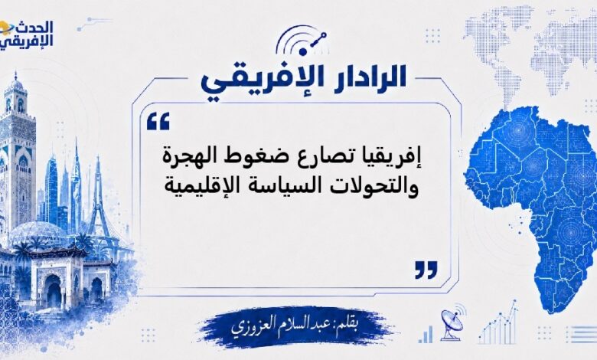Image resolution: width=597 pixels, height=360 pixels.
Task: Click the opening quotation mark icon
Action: (158, 122)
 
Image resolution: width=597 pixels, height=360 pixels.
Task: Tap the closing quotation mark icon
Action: (426, 270)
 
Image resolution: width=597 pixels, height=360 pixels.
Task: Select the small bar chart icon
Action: (426, 335)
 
